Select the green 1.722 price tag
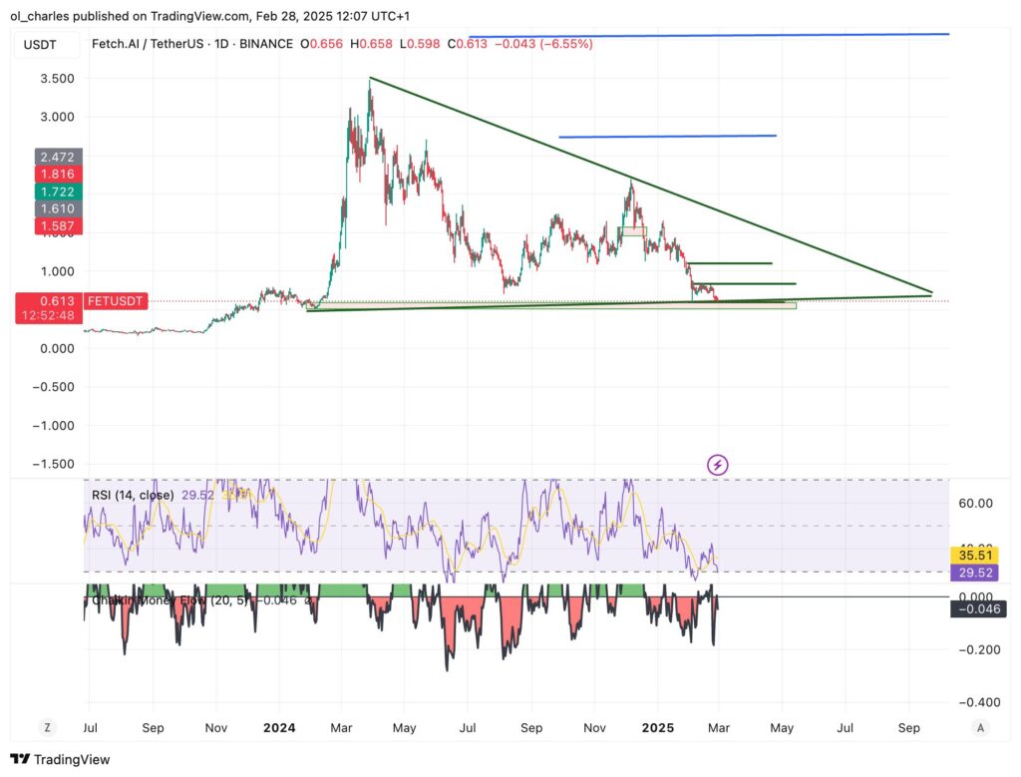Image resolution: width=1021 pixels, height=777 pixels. click(x=59, y=192)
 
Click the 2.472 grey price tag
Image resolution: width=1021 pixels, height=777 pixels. click(x=59, y=157)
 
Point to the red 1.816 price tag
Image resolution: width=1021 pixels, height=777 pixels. click(x=59, y=174)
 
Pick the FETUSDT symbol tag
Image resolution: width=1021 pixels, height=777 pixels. click(x=116, y=299)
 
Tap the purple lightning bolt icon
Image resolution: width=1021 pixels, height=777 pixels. click(x=717, y=464)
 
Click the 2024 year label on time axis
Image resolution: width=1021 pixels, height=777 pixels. click(x=278, y=728)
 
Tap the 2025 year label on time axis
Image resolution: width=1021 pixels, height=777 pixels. click(x=658, y=728)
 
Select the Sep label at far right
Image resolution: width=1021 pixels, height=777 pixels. click(x=908, y=728)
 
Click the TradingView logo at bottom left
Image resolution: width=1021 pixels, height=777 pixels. click(x=63, y=759)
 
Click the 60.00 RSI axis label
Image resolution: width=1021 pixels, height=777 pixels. click(x=974, y=504)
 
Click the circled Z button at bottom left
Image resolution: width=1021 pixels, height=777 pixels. click(x=48, y=728)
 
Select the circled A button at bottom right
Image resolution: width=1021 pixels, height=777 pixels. click(x=981, y=728)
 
